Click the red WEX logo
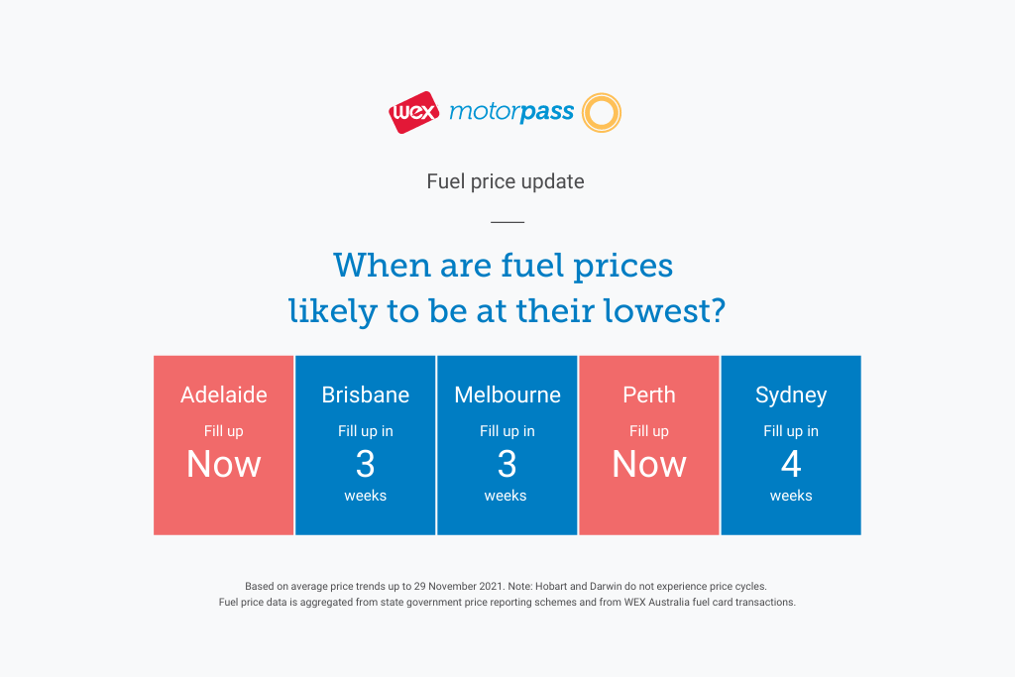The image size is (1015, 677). coord(414,113)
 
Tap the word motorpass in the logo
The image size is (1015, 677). coord(511,112)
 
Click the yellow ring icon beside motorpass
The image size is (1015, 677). coord(602,113)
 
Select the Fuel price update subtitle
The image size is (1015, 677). coord(506,181)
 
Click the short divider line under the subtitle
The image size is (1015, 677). coord(507,222)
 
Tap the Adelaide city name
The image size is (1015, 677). coord(224,395)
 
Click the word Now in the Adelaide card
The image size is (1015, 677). coord(224,464)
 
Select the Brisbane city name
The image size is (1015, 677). coord(366,395)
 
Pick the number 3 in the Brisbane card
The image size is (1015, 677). coord(366,464)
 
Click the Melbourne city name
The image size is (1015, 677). coord(507,395)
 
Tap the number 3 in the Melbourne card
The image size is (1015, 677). coord(507,464)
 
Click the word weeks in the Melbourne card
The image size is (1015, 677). coord(506,496)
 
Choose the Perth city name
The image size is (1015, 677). coord(649,395)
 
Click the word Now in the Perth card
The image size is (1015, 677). coord(649,464)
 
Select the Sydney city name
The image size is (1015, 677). coord(791,395)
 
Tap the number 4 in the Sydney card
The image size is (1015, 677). coord(791,464)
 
